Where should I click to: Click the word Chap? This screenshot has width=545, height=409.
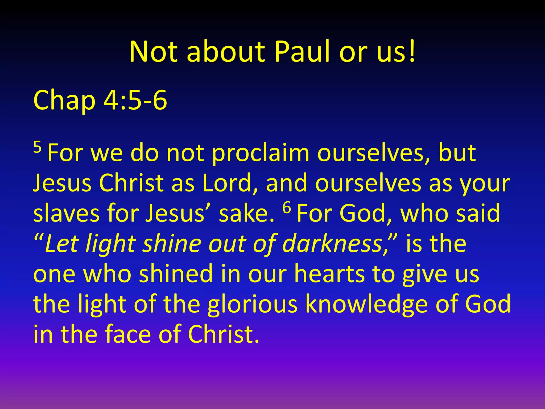64,100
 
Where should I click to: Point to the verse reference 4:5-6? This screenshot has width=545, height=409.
135,100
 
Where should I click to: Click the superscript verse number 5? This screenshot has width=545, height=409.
37,147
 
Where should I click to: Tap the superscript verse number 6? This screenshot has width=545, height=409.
287,208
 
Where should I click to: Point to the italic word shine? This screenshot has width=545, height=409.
172,244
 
